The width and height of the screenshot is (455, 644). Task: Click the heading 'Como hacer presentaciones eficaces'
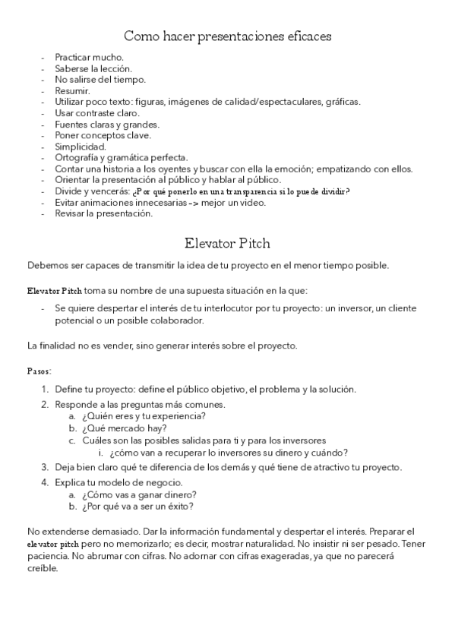tap(227, 36)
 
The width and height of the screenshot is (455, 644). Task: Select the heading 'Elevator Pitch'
tap(227, 245)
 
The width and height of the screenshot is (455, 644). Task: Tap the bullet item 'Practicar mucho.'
tap(89, 58)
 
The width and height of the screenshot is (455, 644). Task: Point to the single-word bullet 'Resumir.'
tap(72, 90)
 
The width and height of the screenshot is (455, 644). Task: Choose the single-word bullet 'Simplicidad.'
tap(81, 146)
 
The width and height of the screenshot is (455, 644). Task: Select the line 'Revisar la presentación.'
tap(103, 213)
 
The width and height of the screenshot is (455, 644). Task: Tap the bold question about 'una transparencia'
tap(241, 191)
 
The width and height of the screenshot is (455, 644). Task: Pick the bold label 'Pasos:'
tap(39, 372)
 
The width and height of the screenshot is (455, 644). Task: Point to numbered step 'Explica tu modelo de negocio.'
tap(118, 483)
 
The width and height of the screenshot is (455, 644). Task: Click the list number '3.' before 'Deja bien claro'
tap(45, 466)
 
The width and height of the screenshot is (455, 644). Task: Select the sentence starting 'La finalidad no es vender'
tap(162, 346)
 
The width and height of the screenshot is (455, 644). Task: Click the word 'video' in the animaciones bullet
tap(258, 202)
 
